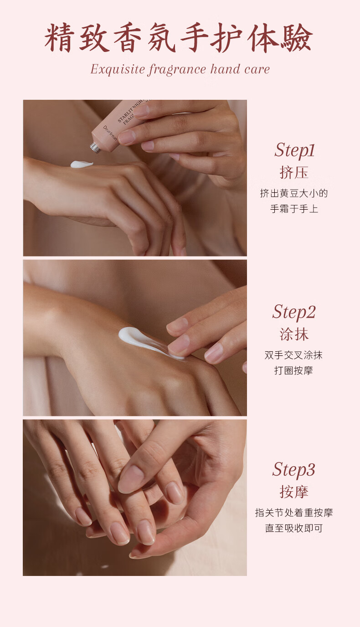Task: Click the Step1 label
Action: pos(294,151)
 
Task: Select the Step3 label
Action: pos(293,470)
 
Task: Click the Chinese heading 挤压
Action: pos(294,172)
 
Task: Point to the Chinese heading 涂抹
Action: pos(294,334)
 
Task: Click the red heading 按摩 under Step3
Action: pos(294,492)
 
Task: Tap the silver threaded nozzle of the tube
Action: pos(96,148)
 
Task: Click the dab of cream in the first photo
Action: pos(82,164)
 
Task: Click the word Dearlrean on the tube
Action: pos(110,133)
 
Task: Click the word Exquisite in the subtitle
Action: pos(118,69)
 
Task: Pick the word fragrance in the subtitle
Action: pos(177,70)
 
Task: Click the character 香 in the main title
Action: pos(128,38)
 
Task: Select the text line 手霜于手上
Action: pos(294,209)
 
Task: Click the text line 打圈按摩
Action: pos(293,370)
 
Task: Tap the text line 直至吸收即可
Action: pos(294,528)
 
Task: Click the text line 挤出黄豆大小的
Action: pos(294,193)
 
